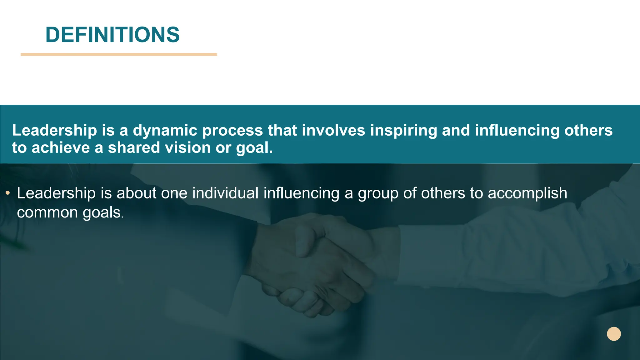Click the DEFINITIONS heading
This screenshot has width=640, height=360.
tap(112, 35)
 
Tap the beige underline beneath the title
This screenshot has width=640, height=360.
tap(119, 54)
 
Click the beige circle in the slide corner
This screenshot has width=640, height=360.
tap(614, 334)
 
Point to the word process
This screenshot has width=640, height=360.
tap(232, 130)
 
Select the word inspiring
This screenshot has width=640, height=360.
tap(403, 130)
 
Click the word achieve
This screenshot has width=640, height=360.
tap(61, 147)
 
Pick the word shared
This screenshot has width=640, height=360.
tap(134, 147)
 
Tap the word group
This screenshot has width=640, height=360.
tap(378, 194)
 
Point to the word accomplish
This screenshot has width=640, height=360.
tap(527, 193)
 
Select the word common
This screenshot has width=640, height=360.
tap(47, 212)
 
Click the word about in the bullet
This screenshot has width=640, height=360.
tap(136, 193)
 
